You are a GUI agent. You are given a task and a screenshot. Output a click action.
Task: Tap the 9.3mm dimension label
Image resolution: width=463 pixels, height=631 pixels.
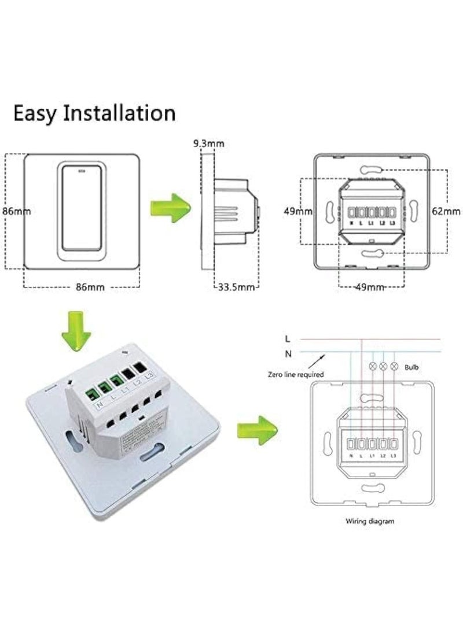(209, 143)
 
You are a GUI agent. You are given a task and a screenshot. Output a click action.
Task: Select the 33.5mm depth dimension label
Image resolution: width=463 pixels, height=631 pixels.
(237, 287)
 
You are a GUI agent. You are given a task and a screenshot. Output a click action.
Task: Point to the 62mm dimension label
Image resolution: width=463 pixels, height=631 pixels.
(446, 211)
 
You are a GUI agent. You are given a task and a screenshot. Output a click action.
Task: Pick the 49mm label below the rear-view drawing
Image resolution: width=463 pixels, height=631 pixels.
(369, 287)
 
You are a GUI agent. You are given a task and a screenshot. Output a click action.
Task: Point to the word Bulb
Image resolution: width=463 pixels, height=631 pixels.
(412, 367)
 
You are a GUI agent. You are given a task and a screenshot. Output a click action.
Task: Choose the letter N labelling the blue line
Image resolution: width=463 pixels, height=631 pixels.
(288, 352)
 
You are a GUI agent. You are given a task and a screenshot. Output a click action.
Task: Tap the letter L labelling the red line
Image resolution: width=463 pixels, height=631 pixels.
(288, 338)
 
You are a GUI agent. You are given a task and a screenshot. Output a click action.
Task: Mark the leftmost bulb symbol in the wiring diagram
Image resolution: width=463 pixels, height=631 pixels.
(372, 366)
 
